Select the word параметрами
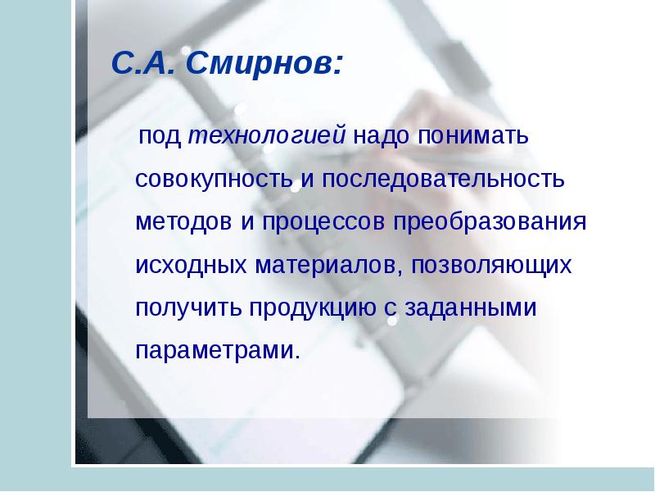coord(217,352)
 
